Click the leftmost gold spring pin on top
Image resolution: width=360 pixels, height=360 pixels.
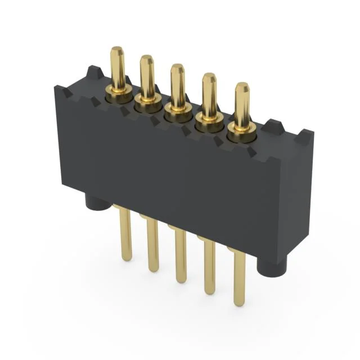pos(118,67)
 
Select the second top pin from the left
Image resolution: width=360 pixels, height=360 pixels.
pos(147,76)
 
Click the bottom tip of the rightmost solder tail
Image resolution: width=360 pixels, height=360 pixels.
pos(240,303)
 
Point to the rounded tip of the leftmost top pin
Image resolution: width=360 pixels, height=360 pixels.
pos(117,51)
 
